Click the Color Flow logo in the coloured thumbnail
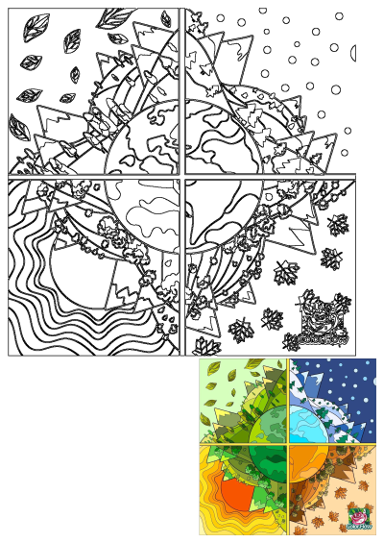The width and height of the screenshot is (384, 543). click(360, 518)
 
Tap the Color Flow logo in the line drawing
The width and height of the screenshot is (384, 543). click(323, 322)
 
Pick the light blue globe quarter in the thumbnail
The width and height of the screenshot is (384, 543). click(304, 424)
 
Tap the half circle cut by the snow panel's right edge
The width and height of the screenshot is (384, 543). click(352, 52)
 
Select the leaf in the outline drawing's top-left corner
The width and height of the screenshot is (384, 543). click(37, 26)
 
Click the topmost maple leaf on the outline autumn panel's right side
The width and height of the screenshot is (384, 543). click(337, 225)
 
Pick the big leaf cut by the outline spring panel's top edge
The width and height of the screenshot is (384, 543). click(115, 17)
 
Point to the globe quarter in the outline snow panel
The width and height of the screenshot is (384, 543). click(216, 139)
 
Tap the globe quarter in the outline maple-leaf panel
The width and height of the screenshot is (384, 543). click(216, 211)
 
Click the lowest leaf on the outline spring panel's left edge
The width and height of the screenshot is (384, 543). click(19, 126)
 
